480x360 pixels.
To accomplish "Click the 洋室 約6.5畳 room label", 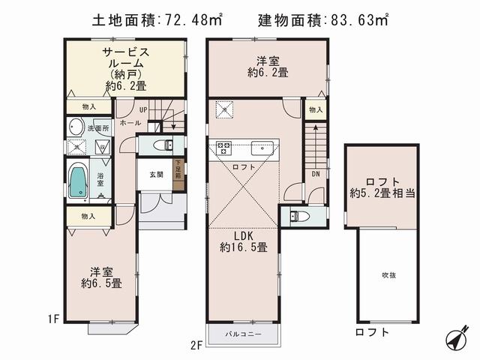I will [x=102, y=277].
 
